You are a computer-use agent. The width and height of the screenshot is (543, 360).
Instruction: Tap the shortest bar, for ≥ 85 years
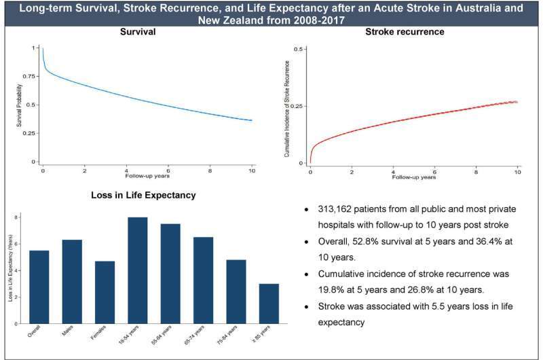(x=268, y=304)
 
